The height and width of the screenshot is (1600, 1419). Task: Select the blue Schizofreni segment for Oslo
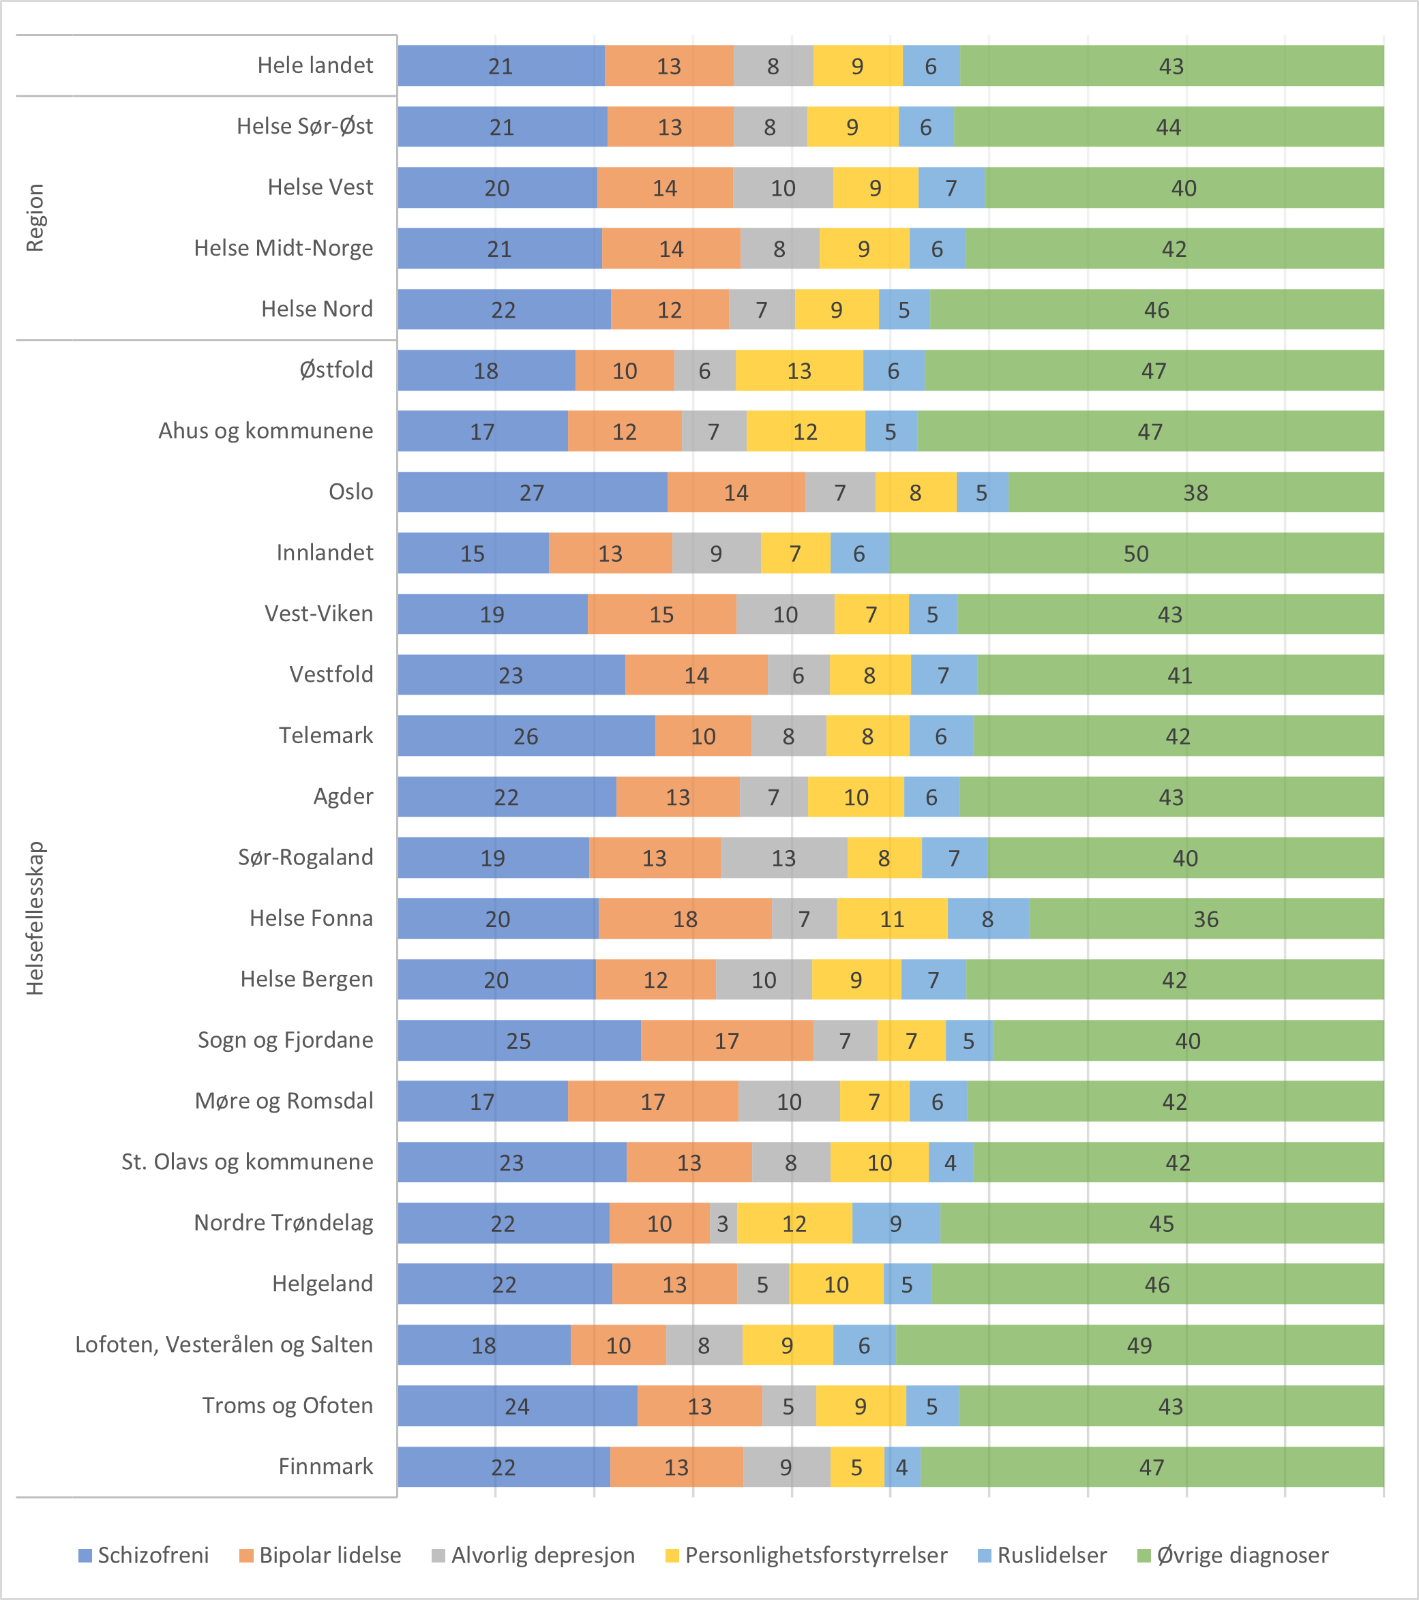[x=532, y=492]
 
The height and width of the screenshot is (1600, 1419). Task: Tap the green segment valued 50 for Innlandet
[x=1135, y=553]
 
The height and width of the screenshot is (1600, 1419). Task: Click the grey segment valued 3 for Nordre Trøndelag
[x=722, y=1223]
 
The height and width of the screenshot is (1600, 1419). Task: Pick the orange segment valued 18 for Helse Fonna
[x=685, y=918]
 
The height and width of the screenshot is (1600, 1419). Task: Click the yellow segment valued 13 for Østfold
[x=798, y=370]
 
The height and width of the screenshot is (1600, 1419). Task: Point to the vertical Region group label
[x=35, y=217]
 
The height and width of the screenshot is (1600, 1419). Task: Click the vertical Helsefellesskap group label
[x=35, y=918]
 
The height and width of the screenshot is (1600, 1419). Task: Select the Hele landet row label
[x=315, y=65]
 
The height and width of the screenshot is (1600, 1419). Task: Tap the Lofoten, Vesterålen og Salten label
[x=224, y=1344]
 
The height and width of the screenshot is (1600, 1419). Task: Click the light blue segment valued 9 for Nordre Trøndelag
[x=895, y=1223]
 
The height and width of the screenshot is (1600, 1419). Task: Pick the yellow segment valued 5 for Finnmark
[x=856, y=1466]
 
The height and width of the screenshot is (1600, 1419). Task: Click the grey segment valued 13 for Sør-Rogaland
[x=783, y=857]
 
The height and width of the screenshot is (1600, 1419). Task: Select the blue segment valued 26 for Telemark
[x=526, y=736]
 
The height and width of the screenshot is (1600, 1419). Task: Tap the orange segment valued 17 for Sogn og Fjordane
[x=726, y=1040]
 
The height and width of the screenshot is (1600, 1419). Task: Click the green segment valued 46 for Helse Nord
[x=1156, y=310]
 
